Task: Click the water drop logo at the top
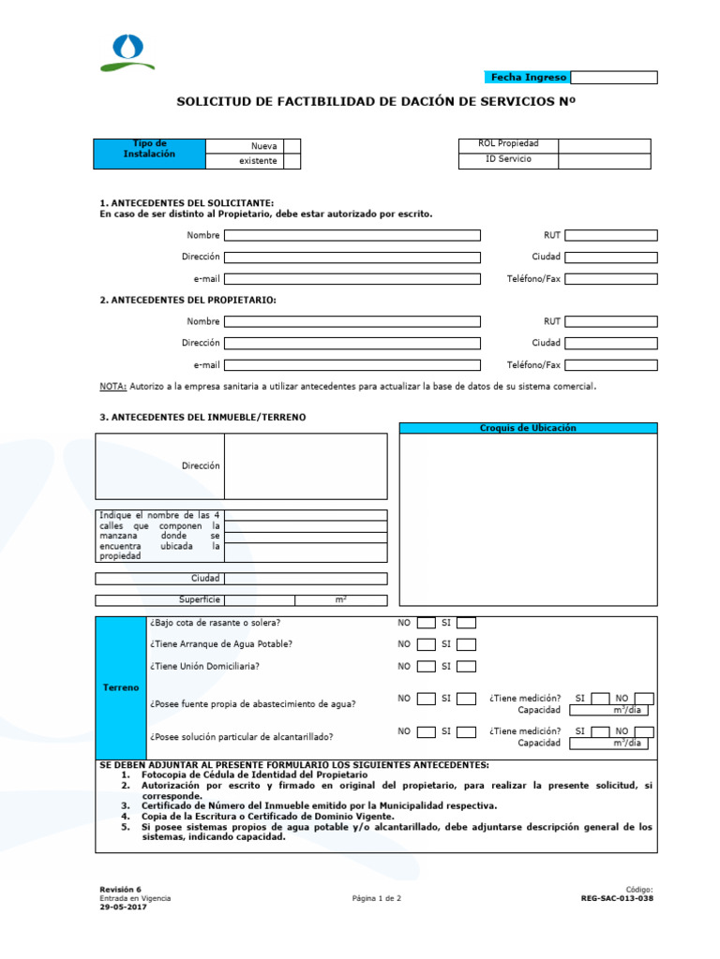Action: pos(127,51)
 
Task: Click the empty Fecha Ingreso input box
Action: pos(613,78)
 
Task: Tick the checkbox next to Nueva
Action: pos(292,146)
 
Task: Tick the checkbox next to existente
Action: pos(292,161)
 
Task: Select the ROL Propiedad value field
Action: pos(604,146)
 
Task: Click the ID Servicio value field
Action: pos(604,161)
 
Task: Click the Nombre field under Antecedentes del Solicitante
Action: pos(352,236)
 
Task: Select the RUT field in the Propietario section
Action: pos(610,322)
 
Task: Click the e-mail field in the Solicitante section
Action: pos(352,279)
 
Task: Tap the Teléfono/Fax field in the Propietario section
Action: pos(610,365)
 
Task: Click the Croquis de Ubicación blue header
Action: pos(528,428)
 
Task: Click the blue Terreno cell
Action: pos(121,688)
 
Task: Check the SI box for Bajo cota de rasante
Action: pos(466,623)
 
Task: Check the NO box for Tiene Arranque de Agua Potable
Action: pos(426,644)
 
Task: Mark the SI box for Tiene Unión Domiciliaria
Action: pos(466,667)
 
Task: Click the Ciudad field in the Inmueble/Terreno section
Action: pos(305,579)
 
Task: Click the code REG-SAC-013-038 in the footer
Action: pos(617,898)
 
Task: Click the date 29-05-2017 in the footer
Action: pos(123,907)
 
